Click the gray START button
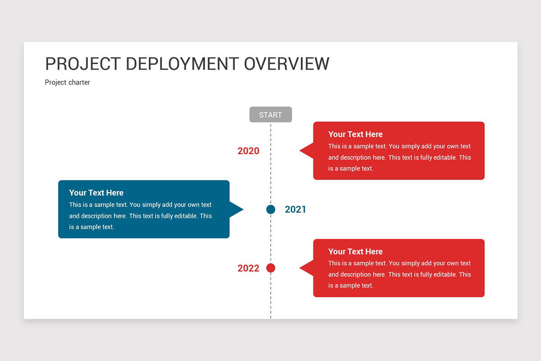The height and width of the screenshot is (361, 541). pyautogui.click(x=270, y=114)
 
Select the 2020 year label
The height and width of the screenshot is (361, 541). pyautogui.click(x=248, y=151)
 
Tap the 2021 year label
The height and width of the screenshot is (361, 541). pyautogui.click(x=295, y=209)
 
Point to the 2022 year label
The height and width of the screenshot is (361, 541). pyautogui.click(x=248, y=268)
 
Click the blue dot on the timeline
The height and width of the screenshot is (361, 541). pyautogui.click(x=271, y=209)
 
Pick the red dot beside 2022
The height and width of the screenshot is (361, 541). pyautogui.click(x=271, y=268)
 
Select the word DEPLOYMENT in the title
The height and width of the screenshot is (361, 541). pyautogui.click(x=182, y=64)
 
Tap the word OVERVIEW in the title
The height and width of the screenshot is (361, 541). pyautogui.click(x=287, y=64)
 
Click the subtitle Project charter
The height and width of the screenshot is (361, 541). pyautogui.click(x=67, y=83)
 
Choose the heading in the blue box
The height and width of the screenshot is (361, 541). pyautogui.click(x=96, y=193)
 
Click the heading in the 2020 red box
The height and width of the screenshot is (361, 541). pyautogui.click(x=356, y=134)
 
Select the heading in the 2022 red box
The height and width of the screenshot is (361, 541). pyautogui.click(x=356, y=251)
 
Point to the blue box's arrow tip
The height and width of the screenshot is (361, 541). pyautogui.click(x=243, y=209)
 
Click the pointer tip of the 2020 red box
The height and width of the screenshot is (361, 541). pyautogui.click(x=300, y=151)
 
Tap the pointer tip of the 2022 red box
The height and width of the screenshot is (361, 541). pyautogui.click(x=300, y=268)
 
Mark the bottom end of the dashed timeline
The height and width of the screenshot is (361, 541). pyautogui.click(x=271, y=318)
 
